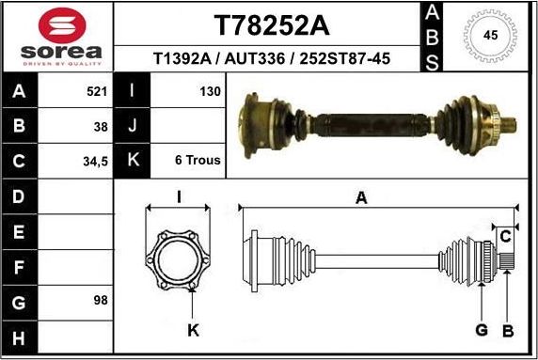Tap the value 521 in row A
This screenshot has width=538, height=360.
(97, 92)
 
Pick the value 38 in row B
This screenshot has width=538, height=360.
(101, 126)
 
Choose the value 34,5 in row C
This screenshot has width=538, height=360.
(96, 161)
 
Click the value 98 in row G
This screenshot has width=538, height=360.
(101, 300)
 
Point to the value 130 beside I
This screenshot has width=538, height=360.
(210, 92)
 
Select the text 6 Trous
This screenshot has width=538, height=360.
(198, 160)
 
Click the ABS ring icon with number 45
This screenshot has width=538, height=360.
(488, 36)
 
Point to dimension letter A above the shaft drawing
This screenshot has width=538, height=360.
(361, 197)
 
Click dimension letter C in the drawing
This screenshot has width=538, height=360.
(505, 234)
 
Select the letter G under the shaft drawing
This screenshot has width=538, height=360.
(480, 330)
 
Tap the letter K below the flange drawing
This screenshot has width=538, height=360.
(193, 330)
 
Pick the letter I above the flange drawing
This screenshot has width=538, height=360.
(179, 197)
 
